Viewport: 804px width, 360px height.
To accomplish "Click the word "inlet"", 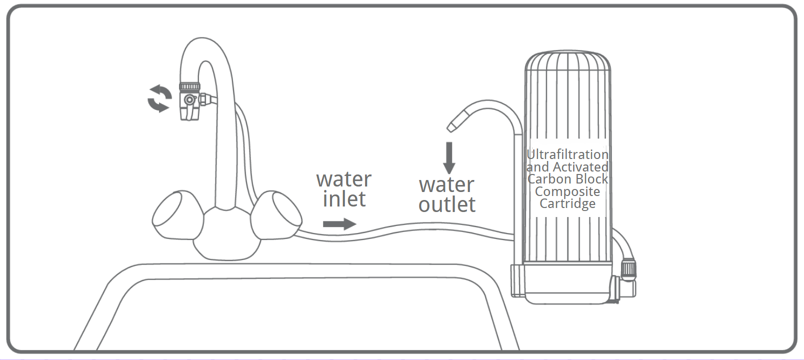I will click(344, 199).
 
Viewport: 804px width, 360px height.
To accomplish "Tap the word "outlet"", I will click(447, 204).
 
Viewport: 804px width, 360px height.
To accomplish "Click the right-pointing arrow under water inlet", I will click(339, 224).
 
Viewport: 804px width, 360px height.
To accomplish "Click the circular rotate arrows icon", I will click(159, 98).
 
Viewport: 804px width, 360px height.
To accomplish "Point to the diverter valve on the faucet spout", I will click(190, 100).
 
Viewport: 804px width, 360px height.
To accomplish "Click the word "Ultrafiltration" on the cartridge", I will click(567, 154).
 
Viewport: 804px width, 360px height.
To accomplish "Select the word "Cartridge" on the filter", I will click(567, 203).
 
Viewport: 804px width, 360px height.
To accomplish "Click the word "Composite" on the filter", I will click(567, 191).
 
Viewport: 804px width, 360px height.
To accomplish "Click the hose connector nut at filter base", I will click(628, 269).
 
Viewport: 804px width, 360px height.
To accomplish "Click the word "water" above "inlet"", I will click(344, 179).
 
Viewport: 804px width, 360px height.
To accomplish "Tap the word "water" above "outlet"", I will click(446, 185).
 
